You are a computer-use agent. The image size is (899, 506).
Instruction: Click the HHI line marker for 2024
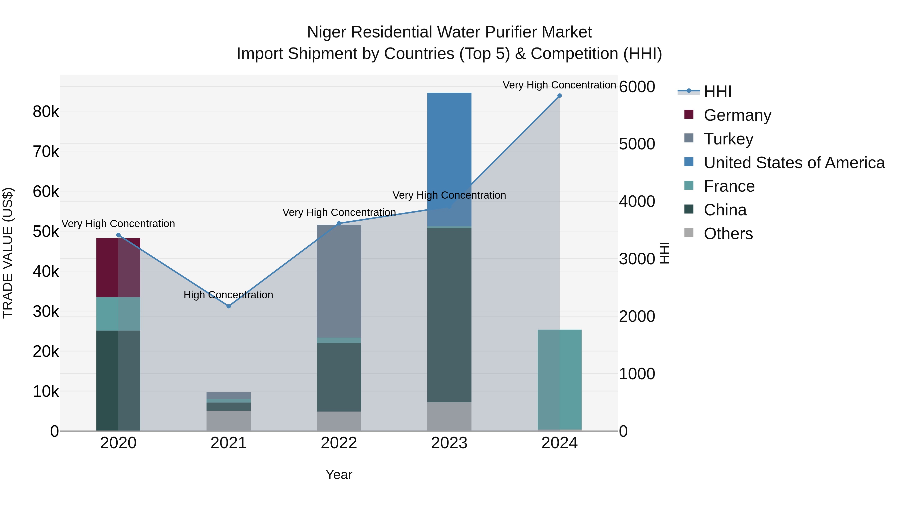[559, 96]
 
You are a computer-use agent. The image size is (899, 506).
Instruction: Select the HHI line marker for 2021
[228, 306]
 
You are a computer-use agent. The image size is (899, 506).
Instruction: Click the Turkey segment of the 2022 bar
[339, 281]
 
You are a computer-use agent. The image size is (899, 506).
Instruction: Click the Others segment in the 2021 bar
[228, 421]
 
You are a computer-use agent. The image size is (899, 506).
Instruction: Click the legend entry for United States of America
[794, 162]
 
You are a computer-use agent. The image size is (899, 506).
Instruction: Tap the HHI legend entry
[717, 91]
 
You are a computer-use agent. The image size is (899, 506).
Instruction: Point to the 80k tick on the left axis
[46, 112]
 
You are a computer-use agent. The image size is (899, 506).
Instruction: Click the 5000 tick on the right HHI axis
[637, 144]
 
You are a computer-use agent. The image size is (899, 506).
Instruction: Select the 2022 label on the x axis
[339, 443]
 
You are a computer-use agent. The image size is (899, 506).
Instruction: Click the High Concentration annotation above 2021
[228, 295]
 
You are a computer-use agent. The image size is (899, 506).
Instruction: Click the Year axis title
[339, 475]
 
